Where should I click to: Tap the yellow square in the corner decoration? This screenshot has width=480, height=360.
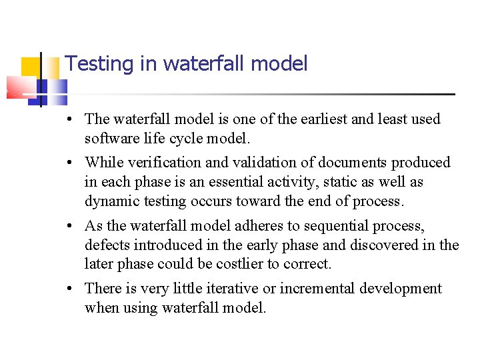[30, 67]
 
